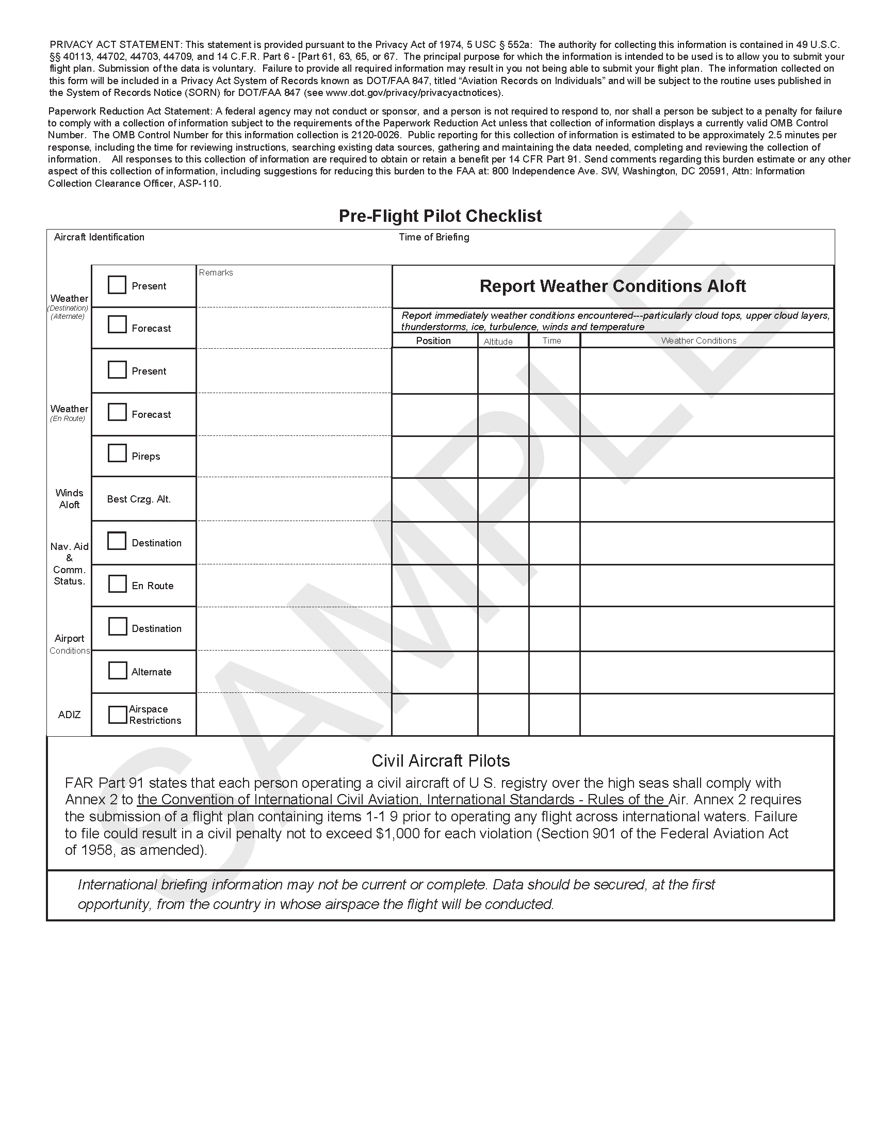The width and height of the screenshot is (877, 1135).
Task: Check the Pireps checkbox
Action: click(118, 452)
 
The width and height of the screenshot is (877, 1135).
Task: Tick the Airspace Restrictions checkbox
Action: click(118, 715)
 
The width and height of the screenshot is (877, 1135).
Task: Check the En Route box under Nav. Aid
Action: click(118, 583)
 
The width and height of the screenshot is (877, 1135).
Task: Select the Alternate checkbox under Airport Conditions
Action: click(118, 670)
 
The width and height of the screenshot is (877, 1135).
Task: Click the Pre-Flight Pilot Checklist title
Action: click(440, 216)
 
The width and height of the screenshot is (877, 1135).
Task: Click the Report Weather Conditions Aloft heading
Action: click(612, 286)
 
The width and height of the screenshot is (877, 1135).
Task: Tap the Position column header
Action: click(433, 341)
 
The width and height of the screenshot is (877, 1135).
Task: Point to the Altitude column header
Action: click(498, 342)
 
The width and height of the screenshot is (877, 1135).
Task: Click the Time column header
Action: click(551, 341)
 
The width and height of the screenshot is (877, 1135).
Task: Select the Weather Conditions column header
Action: click(699, 341)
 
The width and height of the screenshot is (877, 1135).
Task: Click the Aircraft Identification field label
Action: click(99, 237)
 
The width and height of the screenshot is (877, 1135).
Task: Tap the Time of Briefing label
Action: click(434, 237)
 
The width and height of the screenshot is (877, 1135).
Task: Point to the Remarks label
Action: click(216, 273)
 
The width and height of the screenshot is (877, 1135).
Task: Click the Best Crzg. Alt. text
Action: click(139, 499)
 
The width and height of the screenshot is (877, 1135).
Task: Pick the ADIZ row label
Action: click(69, 715)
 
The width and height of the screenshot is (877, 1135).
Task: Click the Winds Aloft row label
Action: click(69, 499)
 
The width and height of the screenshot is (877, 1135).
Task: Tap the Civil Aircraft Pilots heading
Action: click(441, 761)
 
